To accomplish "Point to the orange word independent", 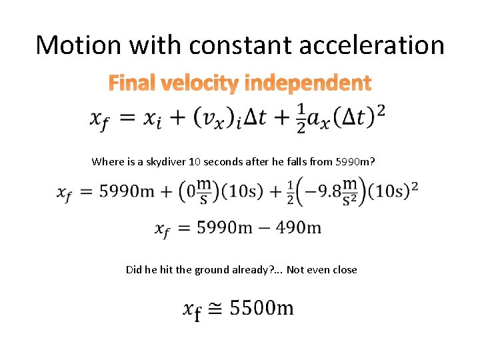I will click(x=308, y=83).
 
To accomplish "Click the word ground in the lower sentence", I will click(x=214, y=270).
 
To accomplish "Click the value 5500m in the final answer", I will click(x=261, y=308).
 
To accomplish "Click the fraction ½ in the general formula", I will click(x=301, y=118).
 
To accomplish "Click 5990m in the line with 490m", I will click(x=224, y=228).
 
